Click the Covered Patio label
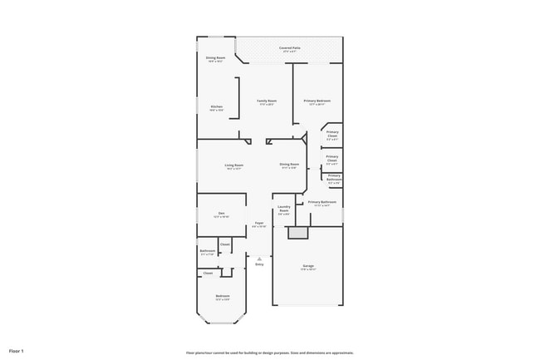point(290,49)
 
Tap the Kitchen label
point(216,107)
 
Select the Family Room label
point(267,101)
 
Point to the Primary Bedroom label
point(319,101)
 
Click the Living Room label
point(234,165)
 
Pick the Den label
point(222,214)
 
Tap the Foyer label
point(259,224)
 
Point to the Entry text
point(259,264)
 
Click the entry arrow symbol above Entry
point(259,259)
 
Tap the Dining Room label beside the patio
point(215,58)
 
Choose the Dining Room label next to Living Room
point(289,165)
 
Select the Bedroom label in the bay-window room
point(223,296)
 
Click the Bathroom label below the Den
point(208,251)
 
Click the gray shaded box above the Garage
point(298,234)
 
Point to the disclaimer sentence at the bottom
point(270,353)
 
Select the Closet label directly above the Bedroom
point(208,273)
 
